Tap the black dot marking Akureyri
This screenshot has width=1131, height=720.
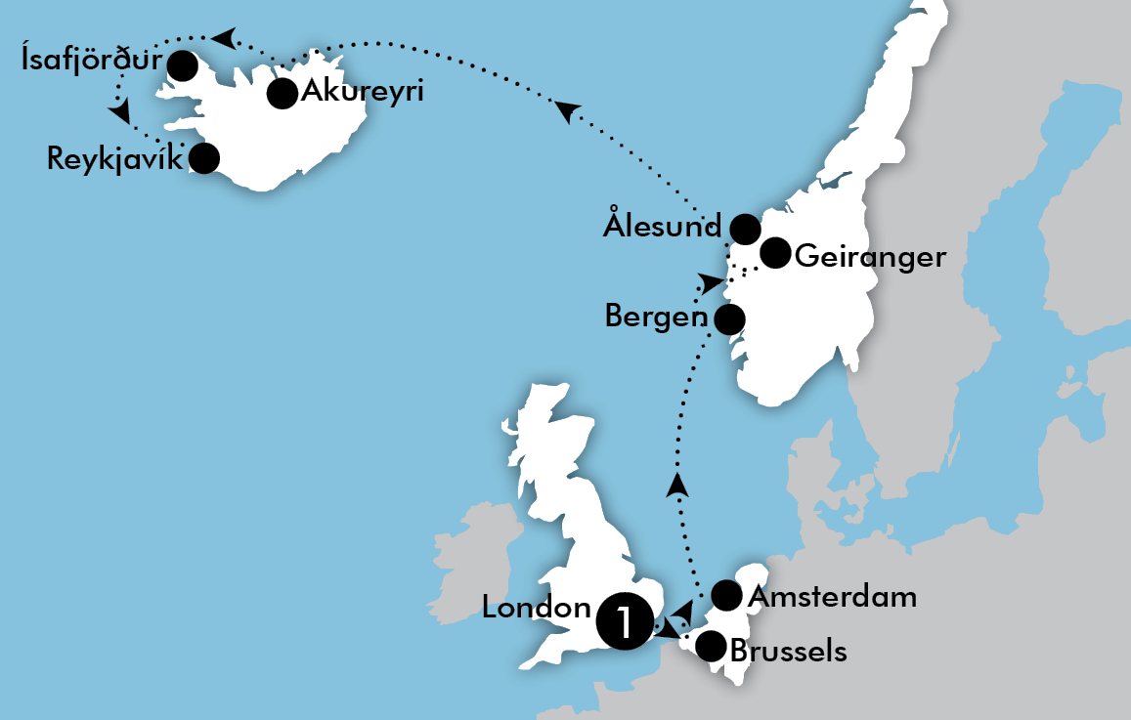(x=283, y=94)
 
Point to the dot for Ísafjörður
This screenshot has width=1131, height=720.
(x=182, y=65)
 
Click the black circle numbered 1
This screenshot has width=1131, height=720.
(x=624, y=620)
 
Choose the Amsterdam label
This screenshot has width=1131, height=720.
(x=832, y=596)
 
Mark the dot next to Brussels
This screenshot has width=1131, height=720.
(x=710, y=646)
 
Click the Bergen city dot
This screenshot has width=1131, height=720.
(x=729, y=318)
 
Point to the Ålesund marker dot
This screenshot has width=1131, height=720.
(x=745, y=229)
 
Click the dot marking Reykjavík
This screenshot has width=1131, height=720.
(x=203, y=157)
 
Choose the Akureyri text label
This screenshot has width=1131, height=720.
(x=364, y=93)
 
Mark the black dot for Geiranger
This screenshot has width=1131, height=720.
(x=774, y=253)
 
